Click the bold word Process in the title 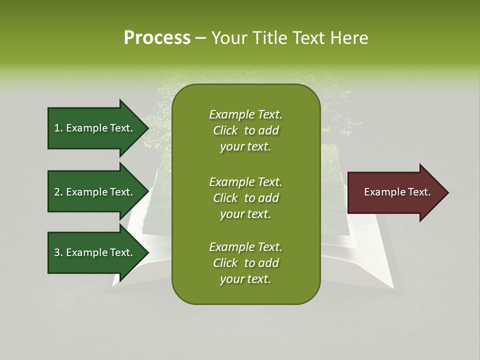[x=157, y=38]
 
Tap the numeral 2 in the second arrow [x=57, y=192]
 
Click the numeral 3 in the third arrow [x=57, y=252]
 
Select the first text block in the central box [x=245, y=130]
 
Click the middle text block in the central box [x=245, y=198]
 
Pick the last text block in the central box [x=245, y=263]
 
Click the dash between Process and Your [x=200, y=38]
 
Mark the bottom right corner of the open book [x=392, y=287]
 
